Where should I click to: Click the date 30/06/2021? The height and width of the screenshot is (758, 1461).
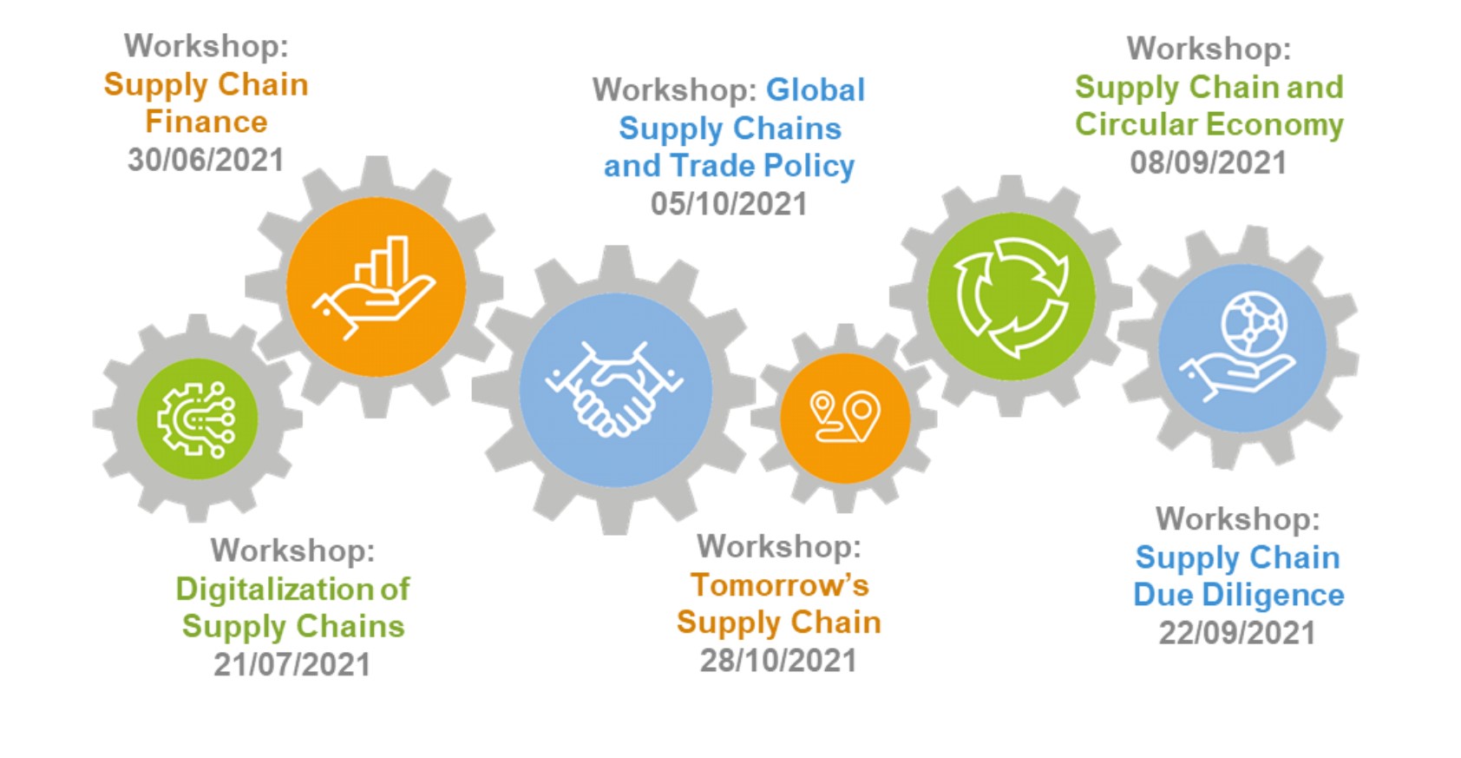tap(206, 160)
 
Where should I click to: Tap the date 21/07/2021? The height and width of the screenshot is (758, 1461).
tap(292, 664)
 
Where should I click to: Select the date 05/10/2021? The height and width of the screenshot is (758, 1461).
tap(729, 204)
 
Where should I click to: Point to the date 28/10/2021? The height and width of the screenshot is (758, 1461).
tap(779, 661)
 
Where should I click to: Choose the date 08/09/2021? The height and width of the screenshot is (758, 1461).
tap(1209, 162)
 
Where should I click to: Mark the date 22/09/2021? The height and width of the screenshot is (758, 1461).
tap(1237, 633)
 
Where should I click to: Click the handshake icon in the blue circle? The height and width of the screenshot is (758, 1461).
tap(615, 389)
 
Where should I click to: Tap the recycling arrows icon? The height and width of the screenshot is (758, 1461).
tap(1011, 297)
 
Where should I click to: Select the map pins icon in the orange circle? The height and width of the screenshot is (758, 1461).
tap(845, 417)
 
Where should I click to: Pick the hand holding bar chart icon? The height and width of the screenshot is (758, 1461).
tap(375, 287)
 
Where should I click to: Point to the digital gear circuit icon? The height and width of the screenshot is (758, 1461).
tap(197, 419)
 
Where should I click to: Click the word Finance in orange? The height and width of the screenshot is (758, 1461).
tap(206, 122)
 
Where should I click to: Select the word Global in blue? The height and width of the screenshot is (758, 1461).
tap(816, 89)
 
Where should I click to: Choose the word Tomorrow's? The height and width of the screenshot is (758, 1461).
tap(780, 585)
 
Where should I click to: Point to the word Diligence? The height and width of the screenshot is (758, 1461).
tap(1273, 596)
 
